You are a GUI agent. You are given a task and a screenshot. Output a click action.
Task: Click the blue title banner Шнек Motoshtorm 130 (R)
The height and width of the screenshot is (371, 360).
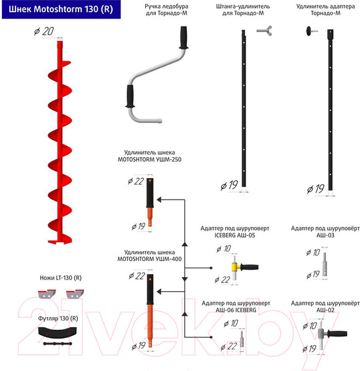[61, 9]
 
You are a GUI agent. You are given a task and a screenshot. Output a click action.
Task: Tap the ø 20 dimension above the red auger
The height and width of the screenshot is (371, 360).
[44, 32]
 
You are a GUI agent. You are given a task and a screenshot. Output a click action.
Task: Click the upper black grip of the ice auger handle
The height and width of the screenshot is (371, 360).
[184, 37]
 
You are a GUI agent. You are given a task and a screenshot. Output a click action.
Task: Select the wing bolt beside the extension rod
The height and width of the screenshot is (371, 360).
[264, 31]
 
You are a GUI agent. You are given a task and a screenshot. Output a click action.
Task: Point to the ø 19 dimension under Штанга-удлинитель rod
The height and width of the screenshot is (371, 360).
[229, 185]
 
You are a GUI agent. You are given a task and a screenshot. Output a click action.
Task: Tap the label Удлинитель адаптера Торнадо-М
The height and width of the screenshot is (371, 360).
[325, 10]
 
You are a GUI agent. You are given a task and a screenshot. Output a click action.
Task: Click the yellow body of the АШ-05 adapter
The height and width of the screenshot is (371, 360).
[236, 267]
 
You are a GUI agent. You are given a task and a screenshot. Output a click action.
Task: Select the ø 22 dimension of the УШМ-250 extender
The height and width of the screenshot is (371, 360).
[136, 181]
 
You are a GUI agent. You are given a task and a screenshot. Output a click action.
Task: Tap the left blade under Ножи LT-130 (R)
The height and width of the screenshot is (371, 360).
[47, 294]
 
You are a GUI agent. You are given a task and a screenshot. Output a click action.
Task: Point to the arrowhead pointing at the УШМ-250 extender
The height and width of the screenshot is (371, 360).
[159, 200]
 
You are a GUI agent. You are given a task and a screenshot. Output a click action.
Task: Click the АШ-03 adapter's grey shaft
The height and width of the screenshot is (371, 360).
[325, 264]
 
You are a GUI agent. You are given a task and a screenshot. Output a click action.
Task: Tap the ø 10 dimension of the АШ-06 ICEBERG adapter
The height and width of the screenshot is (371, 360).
[231, 323]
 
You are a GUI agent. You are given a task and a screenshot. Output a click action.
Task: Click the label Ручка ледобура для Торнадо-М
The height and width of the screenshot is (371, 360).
[166, 10]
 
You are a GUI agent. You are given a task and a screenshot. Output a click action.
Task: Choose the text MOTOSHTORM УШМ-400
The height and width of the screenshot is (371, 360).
[150, 259]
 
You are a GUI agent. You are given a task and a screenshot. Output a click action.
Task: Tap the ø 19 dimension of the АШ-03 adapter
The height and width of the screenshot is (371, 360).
[313, 275]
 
